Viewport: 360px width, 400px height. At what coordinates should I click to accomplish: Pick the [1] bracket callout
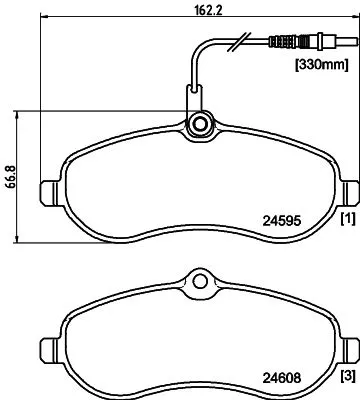[346, 217]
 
